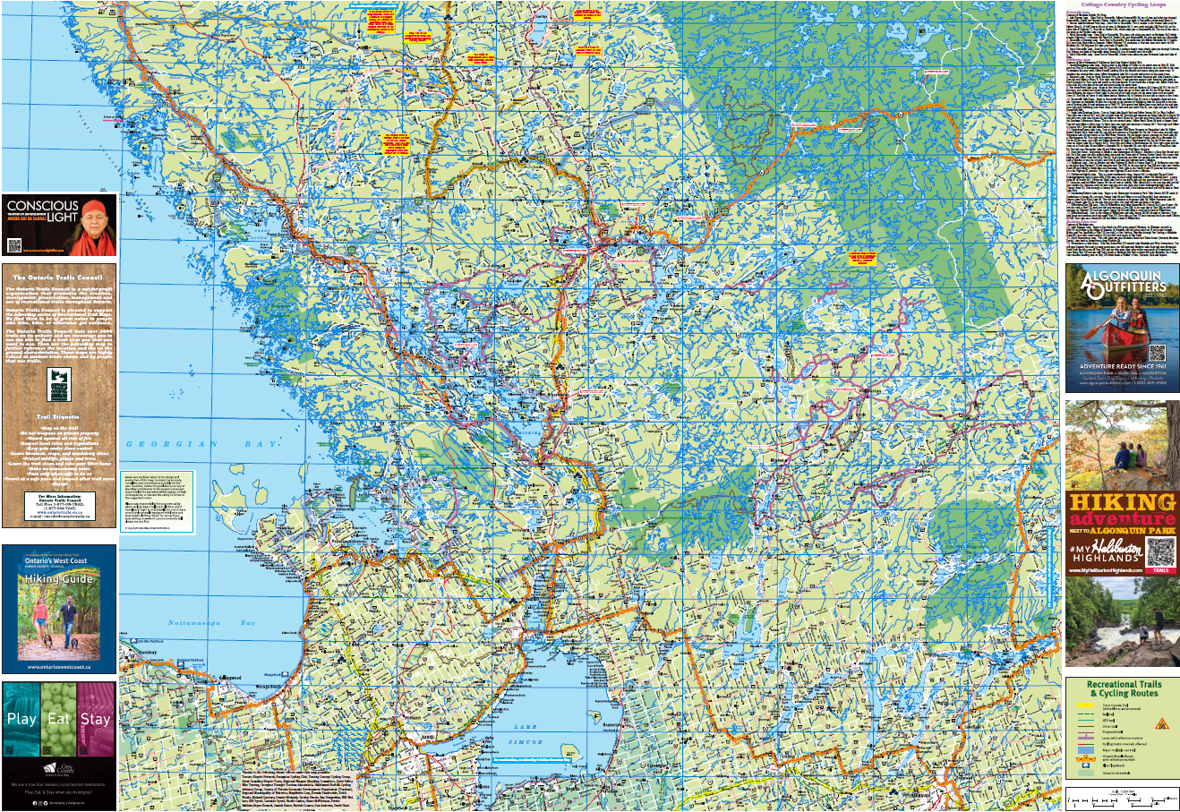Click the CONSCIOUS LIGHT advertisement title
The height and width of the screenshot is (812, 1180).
pyautogui.click(x=42, y=211)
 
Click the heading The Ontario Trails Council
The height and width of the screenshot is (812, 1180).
pyautogui.click(x=59, y=278)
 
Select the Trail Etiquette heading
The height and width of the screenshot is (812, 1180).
pyautogui.click(x=58, y=416)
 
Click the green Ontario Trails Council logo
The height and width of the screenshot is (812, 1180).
pyautogui.click(x=58, y=383)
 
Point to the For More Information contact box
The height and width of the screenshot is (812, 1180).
pyautogui.click(x=59, y=506)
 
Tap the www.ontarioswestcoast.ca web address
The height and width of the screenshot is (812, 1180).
pyautogui.click(x=59, y=666)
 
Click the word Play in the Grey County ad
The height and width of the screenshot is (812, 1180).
pyautogui.click(x=21, y=719)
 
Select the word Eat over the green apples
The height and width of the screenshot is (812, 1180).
pyautogui.click(x=59, y=719)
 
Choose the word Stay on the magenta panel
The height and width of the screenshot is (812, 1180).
pyautogui.click(x=95, y=719)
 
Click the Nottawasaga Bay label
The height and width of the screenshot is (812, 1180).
pyautogui.click(x=211, y=623)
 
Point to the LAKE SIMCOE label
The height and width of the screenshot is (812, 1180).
pyautogui.click(x=526, y=734)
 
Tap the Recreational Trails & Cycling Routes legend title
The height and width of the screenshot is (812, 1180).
pyautogui.click(x=1124, y=688)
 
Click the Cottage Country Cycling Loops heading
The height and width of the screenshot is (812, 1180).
pyautogui.click(x=1123, y=5)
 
